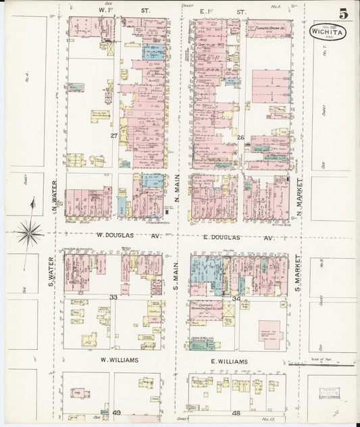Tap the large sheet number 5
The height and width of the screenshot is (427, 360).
pyautogui.click(x=344, y=14)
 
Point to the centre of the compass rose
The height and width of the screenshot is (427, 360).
pyautogui.click(x=29, y=233)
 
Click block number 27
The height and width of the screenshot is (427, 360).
pyautogui.click(x=115, y=136)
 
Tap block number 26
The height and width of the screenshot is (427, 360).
pyautogui.click(x=240, y=138)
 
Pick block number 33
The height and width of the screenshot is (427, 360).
pyautogui.click(x=114, y=297)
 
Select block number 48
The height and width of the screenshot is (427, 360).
pyautogui.click(x=236, y=412)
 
